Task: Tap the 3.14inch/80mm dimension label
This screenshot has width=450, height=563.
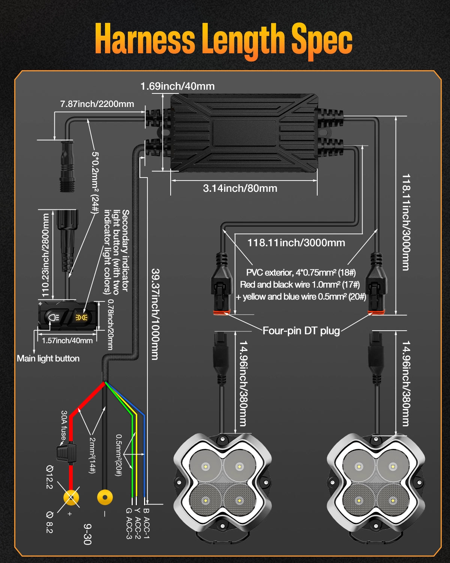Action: tap(240, 188)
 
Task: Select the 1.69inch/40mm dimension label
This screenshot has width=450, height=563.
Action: tap(177, 86)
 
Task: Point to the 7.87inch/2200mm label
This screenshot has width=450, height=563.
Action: tap(97, 104)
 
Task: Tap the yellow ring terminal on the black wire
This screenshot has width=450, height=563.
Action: tap(105, 498)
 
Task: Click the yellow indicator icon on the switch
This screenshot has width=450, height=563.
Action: tap(81, 318)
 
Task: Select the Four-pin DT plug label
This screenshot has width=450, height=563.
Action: tap(301, 331)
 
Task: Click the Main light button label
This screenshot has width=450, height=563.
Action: tap(48, 358)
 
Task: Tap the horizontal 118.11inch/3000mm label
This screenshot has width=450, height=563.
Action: tap(296, 243)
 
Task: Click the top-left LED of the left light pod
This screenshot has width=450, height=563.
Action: tap(205, 467)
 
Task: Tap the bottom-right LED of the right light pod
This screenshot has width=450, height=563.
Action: tap(392, 501)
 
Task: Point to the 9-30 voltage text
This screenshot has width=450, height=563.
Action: tap(87, 534)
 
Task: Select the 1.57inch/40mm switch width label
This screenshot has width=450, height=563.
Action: tap(67, 341)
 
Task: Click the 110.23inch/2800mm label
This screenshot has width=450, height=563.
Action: tap(46, 255)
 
